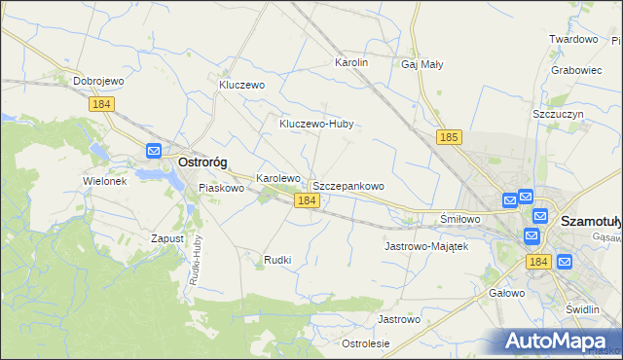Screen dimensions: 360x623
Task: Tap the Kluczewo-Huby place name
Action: click(x=315, y=125)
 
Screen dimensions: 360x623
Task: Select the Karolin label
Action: click(x=351, y=62)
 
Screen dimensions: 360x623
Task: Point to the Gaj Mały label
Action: click(x=422, y=64)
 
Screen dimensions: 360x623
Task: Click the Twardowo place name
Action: click(x=573, y=39)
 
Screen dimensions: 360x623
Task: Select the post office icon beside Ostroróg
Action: click(x=154, y=151)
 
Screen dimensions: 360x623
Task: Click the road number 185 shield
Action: click(x=449, y=138)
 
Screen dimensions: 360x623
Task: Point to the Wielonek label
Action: click(x=105, y=182)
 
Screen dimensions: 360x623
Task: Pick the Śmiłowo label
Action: click(x=460, y=219)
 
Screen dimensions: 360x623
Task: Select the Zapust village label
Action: click(x=167, y=238)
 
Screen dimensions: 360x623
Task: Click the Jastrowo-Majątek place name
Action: click(x=427, y=247)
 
